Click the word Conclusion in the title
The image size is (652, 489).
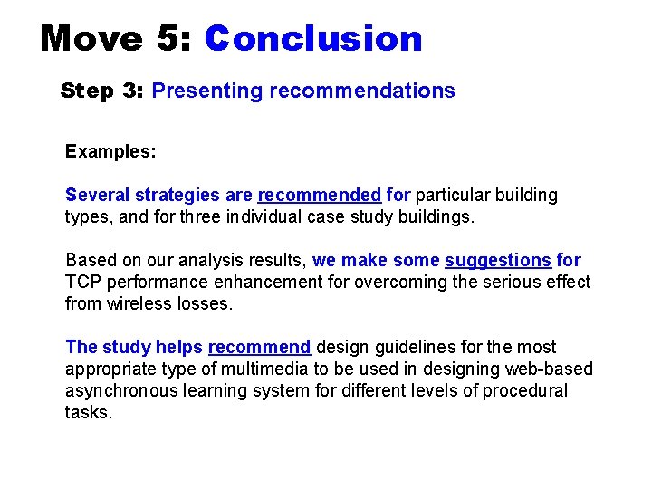313,39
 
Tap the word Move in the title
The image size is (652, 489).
91,39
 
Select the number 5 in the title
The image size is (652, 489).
168,39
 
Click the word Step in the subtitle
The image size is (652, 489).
84,91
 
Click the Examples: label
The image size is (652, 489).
110,151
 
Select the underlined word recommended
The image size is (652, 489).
320,195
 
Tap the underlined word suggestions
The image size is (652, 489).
498,261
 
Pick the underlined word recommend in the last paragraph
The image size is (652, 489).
260,348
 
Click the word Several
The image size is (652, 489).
98,195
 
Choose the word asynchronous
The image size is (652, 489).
122,391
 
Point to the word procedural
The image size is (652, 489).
525,391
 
